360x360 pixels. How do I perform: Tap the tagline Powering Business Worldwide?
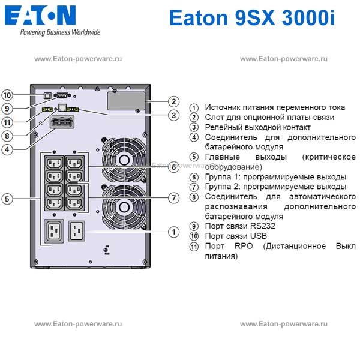coord(60,32)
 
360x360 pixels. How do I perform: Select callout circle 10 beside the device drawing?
coord(7,95)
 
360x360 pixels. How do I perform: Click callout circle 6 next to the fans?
coord(173,167)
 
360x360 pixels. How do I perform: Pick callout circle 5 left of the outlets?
coord(7,199)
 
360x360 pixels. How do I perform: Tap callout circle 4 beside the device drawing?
coord(7,149)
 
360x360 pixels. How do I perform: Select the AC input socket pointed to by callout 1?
coord(76,231)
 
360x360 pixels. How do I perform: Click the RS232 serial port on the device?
coord(62,94)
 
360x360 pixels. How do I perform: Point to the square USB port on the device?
coord(47,94)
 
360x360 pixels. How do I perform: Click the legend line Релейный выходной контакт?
coord(258,127)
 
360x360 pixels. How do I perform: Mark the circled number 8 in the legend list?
coord(194,197)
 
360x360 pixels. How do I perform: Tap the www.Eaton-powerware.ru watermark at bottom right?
coord(284,323)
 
